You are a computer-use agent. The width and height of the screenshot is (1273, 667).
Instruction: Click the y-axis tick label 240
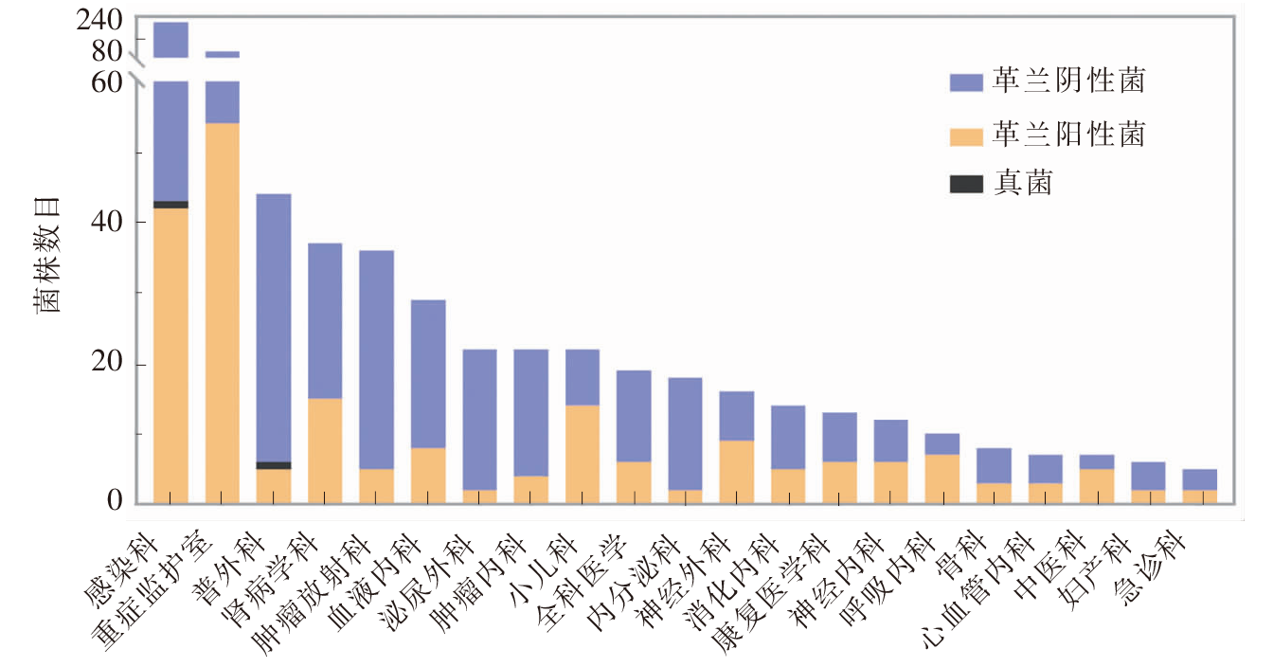click(x=99, y=21)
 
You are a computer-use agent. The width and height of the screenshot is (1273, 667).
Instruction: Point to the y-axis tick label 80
click(x=107, y=51)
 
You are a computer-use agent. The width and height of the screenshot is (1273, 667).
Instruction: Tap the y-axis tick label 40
click(x=107, y=221)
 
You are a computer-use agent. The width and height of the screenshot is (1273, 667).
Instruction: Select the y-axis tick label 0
click(x=115, y=500)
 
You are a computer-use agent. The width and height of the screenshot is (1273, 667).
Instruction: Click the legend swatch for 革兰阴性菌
click(x=966, y=82)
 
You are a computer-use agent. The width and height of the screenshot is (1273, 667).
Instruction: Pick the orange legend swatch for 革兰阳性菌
click(x=966, y=137)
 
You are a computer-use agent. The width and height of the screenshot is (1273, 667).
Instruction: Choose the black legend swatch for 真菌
click(x=966, y=184)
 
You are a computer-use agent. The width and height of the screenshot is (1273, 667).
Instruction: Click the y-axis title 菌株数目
click(x=46, y=255)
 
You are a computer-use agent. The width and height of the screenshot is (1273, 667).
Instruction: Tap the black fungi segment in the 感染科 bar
click(x=171, y=205)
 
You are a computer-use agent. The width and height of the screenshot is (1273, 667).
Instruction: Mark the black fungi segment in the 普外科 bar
click(x=274, y=466)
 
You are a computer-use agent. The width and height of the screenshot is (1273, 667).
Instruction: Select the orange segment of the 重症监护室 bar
click(x=223, y=314)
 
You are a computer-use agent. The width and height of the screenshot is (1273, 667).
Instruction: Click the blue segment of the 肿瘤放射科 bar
click(x=377, y=360)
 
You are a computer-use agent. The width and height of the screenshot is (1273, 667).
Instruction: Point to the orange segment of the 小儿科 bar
click(x=583, y=455)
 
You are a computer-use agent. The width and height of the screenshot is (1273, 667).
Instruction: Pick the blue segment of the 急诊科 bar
click(x=1200, y=480)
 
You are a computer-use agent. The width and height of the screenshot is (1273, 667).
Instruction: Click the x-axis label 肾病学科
click(x=271, y=579)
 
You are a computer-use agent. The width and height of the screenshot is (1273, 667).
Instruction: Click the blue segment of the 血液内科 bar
click(x=428, y=374)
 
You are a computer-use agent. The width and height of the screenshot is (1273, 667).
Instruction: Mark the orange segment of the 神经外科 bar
click(x=737, y=472)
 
